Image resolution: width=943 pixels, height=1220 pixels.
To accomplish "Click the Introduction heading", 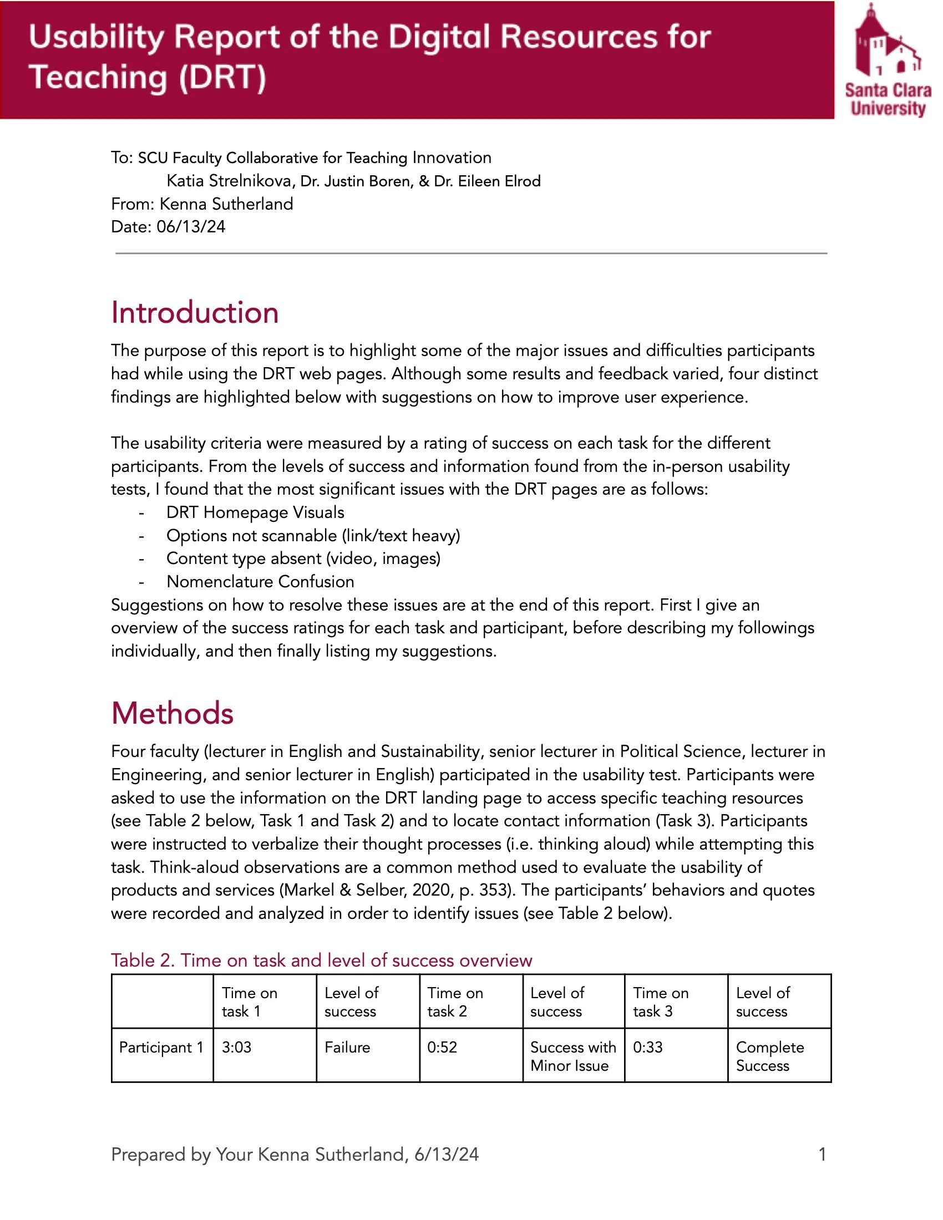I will click(194, 312).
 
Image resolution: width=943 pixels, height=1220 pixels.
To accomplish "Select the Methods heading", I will click(172, 713).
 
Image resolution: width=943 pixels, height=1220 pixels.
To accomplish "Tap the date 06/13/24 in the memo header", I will click(190, 227).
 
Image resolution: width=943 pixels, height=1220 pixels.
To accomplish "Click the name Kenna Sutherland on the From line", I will click(226, 204).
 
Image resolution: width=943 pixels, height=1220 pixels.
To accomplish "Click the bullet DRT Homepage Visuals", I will click(255, 512).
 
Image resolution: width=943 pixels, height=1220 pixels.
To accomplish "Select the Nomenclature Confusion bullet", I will click(260, 582).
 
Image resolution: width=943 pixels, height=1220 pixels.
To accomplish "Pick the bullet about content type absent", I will click(303, 558).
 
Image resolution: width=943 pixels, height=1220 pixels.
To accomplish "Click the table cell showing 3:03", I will click(236, 1047).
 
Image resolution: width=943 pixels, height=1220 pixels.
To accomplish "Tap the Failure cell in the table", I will click(347, 1047).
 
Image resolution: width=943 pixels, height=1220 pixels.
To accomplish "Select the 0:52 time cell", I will click(442, 1047).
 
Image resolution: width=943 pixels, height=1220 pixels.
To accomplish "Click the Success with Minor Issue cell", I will click(572, 1056).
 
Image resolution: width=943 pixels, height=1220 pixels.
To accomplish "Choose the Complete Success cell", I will click(769, 1056).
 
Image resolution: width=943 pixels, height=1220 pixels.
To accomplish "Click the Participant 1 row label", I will click(161, 1048).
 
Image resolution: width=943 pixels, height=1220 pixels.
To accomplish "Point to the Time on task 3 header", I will click(660, 1002).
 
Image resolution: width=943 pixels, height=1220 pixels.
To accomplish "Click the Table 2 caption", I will click(321, 960).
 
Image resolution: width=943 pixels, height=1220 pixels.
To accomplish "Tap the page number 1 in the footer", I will click(822, 1154).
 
